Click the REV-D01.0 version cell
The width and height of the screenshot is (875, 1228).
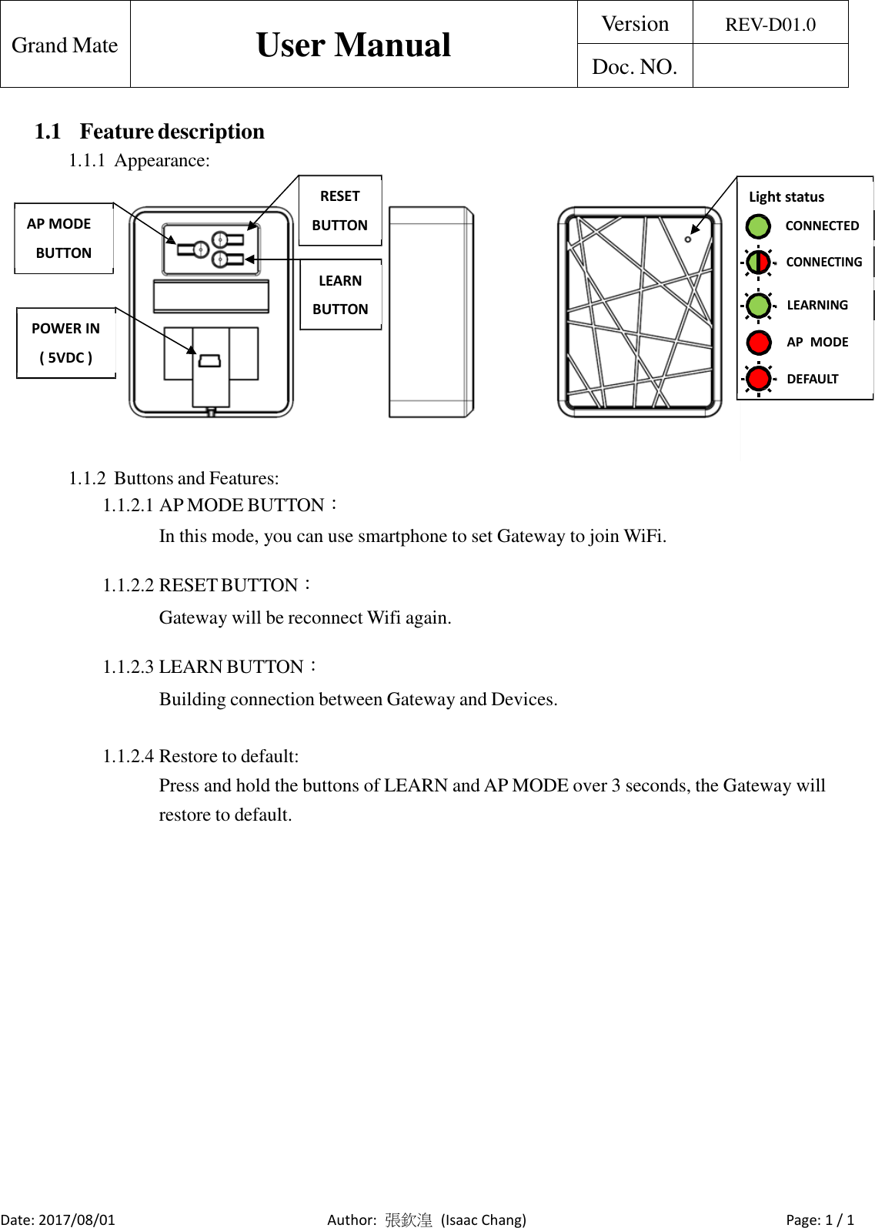point(770,24)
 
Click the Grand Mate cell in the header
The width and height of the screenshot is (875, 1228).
point(65,45)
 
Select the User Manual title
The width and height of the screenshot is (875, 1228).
point(353,45)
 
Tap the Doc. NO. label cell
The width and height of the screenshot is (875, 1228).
point(634,67)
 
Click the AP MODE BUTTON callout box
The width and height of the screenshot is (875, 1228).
point(63,238)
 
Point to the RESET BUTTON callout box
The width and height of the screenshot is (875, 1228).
point(339,210)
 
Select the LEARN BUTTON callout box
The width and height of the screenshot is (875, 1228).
point(340,295)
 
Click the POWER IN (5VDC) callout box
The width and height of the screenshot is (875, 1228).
point(65,343)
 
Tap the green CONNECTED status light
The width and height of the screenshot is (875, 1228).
point(758,226)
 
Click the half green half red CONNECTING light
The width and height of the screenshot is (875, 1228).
point(758,262)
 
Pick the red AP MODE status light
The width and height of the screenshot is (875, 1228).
point(759,342)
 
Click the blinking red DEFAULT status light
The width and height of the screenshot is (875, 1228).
point(759,379)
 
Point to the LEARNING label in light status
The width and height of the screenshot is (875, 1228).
point(817,305)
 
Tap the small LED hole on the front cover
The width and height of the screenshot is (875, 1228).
point(687,239)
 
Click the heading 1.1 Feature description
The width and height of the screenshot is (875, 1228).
point(149,132)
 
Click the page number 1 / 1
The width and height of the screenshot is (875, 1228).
point(840,1220)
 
